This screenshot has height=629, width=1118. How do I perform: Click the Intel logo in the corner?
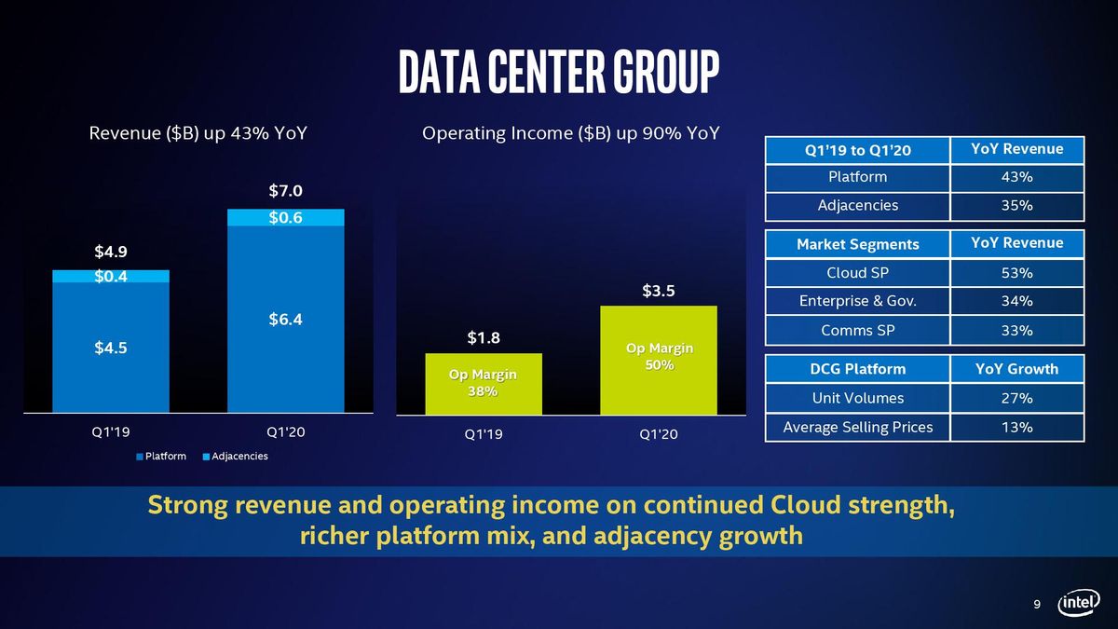pyautogui.click(x=1079, y=603)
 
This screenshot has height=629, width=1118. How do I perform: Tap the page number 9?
pyautogui.click(x=1037, y=605)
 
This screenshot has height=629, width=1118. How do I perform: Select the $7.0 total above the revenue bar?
pyautogui.click(x=285, y=191)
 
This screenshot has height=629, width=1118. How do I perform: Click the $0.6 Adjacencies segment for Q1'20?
pyautogui.click(x=285, y=218)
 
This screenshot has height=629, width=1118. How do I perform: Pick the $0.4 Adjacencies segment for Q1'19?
pyautogui.click(x=111, y=276)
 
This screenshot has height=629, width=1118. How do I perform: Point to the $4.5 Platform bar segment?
pyautogui.click(x=111, y=348)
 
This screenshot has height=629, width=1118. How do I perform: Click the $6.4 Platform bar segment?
pyautogui.click(x=285, y=320)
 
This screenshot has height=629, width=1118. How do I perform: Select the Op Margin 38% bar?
pyautogui.click(x=484, y=384)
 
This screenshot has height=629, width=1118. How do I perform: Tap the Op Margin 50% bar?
pyautogui.click(x=659, y=360)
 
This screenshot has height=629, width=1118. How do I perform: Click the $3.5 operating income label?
pyautogui.click(x=659, y=291)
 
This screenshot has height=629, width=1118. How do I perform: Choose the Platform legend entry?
pyautogui.click(x=161, y=457)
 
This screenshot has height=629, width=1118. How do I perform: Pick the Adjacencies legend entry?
pyautogui.click(x=236, y=457)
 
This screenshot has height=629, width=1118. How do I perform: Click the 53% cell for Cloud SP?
pyautogui.click(x=1017, y=273)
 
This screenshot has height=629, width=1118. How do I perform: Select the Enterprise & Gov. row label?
pyautogui.click(x=857, y=301)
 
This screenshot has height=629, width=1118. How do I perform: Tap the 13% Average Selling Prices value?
pyautogui.click(x=1017, y=428)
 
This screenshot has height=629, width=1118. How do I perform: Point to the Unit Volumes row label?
pyautogui.click(x=857, y=398)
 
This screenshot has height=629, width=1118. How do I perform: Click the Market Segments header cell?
pyautogui.click(x=857, y=244)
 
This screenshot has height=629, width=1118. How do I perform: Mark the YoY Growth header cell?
pyautogui.click(x=1017, y=369)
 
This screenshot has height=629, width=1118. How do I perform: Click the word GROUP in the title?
pyautogui.click(x=666, y=72)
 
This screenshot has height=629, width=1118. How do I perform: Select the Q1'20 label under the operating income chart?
pyautogui.click(x=659, y=434)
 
